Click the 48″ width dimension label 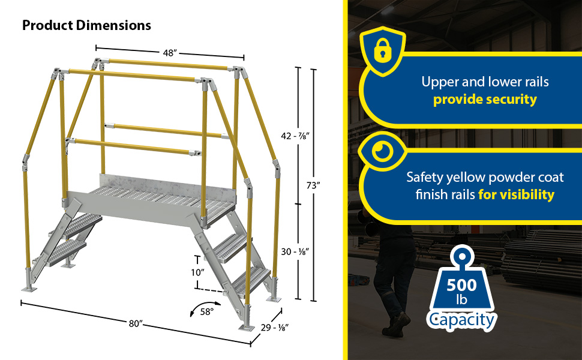(x=170, y=53)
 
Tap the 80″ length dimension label (x=136, y=323)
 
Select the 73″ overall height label (x=313, y=185)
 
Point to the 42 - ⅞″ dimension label (x=295, y=136)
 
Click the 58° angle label (x=207, y=312)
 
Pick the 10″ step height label (x=198, y=273)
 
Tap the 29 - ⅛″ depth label (x=275, y=328)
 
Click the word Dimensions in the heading (x=113, y=25)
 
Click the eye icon (x=383, y=151)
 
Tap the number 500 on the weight (x=461, y=285)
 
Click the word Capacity (x=461, y=320)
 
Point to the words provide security (x=485, y=100)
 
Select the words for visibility (x=517, y=194)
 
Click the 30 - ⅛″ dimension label (x=295, y=251)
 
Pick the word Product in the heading (x=47, y=25)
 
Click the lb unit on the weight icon (x=461, y=299)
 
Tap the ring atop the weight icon (x=462, y=257)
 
